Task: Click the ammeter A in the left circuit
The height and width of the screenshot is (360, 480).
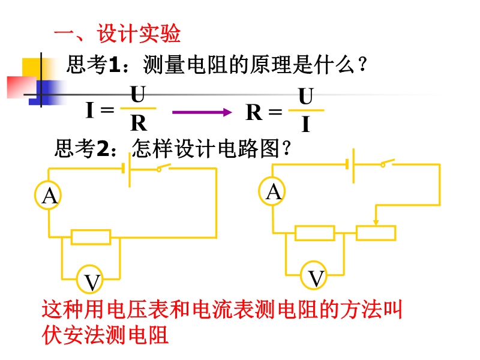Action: (x=50, y=195)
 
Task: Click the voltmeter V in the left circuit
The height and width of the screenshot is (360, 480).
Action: (x=92, y=280)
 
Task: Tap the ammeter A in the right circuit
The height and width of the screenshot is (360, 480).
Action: (x=274, y=191)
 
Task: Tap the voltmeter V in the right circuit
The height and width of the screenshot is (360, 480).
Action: (x=316, y=277)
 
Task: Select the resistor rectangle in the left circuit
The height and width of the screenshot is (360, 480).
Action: (x=91, y=236)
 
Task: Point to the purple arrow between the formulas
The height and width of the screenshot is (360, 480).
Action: (x=202, y=112)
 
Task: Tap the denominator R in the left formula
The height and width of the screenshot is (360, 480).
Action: (x=138, y=124)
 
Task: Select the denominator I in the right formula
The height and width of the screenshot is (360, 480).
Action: (x=305, y=124)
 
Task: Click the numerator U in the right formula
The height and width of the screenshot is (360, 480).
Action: (x=305, y=96)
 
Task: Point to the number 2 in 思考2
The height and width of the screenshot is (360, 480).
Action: (x=103, y=148)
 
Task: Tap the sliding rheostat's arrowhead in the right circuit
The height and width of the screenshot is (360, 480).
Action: (x=376, y=222)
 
